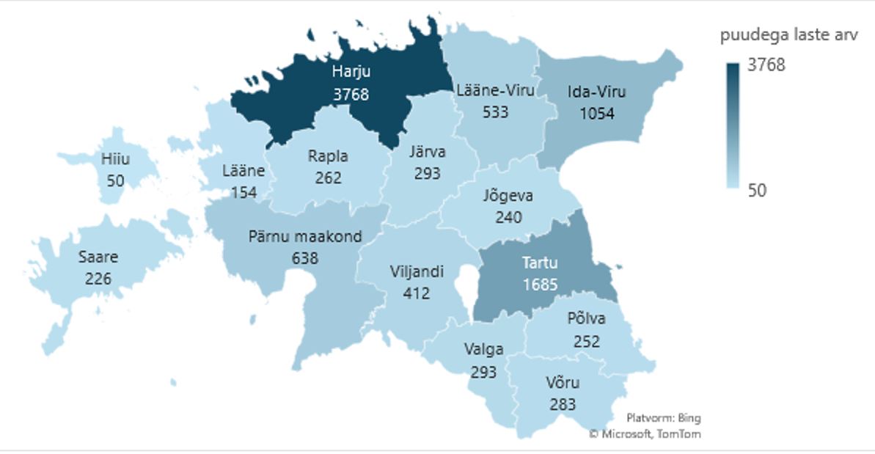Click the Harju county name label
350,72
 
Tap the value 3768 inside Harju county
350,95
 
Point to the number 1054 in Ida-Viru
596,114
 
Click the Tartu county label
539,263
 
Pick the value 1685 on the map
540,285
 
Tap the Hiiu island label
115,158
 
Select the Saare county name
98,257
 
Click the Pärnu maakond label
304,236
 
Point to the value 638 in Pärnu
304,258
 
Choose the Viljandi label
416,271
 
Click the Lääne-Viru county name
495,91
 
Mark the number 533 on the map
496,112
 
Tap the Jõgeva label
508,196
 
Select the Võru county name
563,382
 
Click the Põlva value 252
586,341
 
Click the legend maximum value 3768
766,65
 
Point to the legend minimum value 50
756,191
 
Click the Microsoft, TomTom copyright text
645,434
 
